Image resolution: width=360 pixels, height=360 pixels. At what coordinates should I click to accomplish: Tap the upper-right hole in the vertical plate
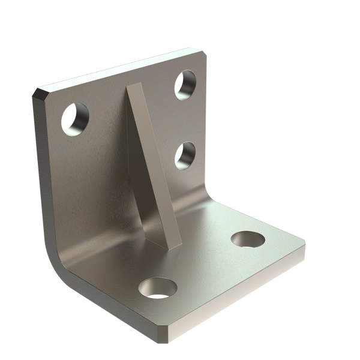185,84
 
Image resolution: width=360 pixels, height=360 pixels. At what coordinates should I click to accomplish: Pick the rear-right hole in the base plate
246,238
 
